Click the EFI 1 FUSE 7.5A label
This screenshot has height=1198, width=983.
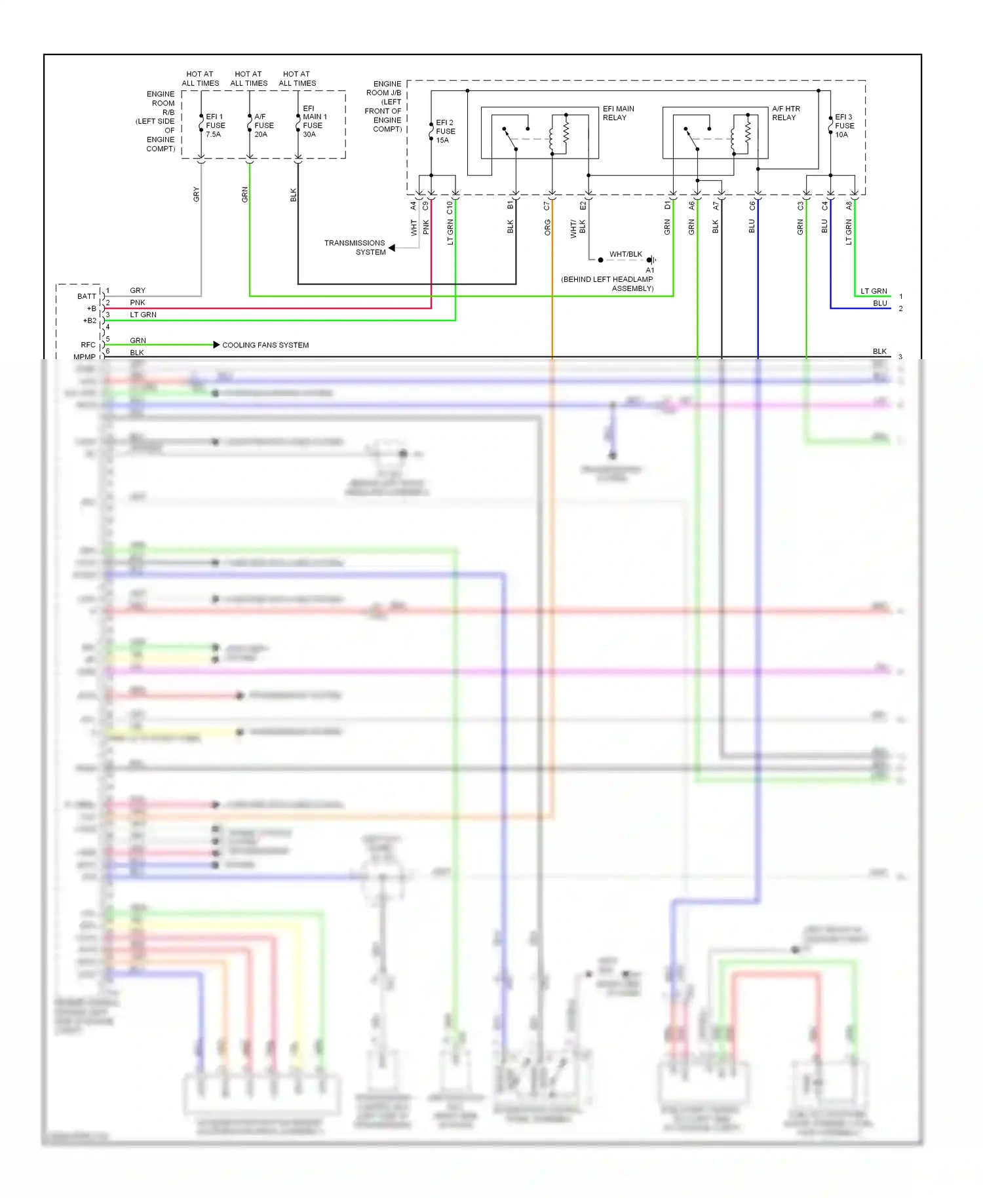tap(215, 125)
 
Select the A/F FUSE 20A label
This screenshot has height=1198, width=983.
tap(263, 125)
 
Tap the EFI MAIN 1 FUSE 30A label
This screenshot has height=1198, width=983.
tap(314, 121)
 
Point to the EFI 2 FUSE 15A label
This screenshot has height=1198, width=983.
tap(445, 131)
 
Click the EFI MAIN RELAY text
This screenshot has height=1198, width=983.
tap(618, 113)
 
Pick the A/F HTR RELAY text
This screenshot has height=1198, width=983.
tap(786, 113)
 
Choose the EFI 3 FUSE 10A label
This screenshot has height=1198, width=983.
tap(844, 125)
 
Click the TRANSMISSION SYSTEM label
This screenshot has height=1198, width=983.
tap(355, 247)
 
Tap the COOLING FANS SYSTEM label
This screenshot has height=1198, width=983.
tap(265, 345)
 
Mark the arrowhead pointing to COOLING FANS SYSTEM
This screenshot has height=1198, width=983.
tap(216, 345)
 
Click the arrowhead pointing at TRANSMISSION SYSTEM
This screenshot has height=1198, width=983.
tap(391, 248)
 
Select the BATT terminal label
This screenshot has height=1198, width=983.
tap(86, 296)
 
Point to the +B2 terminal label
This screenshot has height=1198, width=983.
tap(90, 320)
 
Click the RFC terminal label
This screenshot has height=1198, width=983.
tap(88, 345)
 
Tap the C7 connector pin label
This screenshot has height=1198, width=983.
tap(547, 206)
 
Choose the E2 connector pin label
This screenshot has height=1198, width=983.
tap(583, 206)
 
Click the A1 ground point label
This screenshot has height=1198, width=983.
tap(649, 270)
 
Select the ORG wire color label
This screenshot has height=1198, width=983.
tap(547, 227)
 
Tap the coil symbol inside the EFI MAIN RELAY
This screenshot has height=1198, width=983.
tap(552, 136)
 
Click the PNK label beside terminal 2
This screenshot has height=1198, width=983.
tap(137, 302)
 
